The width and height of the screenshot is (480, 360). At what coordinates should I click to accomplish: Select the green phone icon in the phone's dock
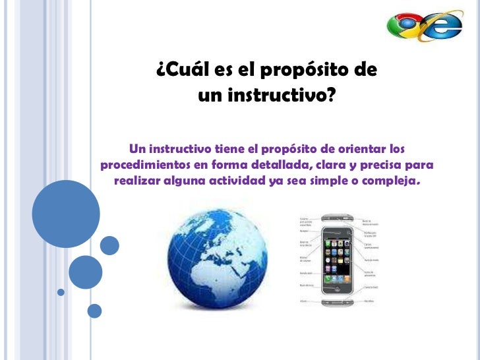(x=328, y=289)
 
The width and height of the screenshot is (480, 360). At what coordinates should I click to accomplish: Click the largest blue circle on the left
(x=66, y=214)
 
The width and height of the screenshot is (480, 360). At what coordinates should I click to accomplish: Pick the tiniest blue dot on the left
(x=61, y=292)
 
